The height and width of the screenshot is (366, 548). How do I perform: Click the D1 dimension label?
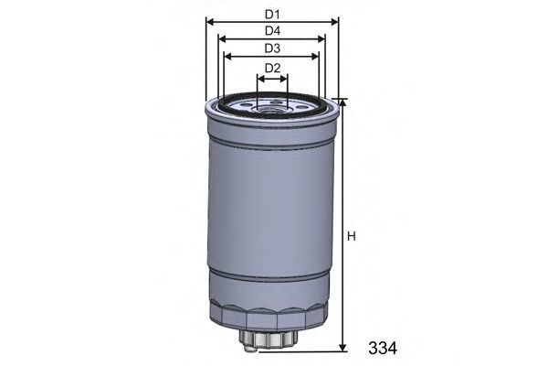pos(272,15)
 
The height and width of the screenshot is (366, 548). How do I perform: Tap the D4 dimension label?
pos(272,31)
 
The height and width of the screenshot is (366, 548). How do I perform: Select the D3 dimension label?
pos(272,48)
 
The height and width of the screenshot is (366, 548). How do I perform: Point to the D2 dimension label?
pos(272,68)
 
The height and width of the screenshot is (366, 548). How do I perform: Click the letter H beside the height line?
pos(352,236)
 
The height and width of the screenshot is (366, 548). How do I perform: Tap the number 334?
pos(383,348)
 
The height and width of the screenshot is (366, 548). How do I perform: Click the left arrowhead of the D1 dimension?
pos(210,22)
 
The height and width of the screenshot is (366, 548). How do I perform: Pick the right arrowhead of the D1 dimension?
pos(335,22)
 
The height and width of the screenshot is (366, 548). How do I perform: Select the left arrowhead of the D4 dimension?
pos(222,38)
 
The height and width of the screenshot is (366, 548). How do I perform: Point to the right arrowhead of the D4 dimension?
pos(321,38)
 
